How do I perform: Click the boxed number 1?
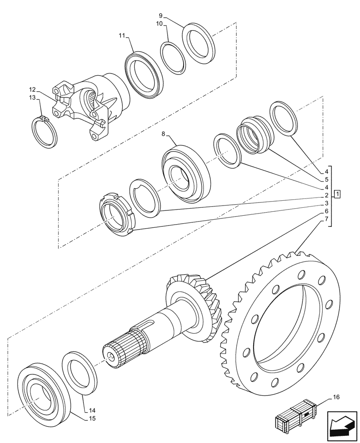pyautogui.click(x=337, y=194)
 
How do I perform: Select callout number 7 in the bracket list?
pyautogui.click(x=326, y=219)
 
